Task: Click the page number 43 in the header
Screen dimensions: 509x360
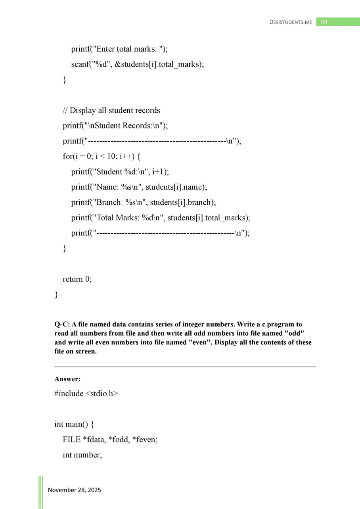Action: [x=324, y=22]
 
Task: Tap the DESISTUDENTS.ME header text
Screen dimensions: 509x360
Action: [x=291, y=22]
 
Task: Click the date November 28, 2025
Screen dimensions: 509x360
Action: [x=75, y=490]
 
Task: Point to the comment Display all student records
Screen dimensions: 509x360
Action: [x=111, y=110]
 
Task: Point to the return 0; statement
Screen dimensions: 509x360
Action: [x=77, y=279]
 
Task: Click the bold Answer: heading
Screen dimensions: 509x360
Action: [x=67, y=379]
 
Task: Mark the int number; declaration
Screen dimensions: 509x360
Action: [x=82, y=455]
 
